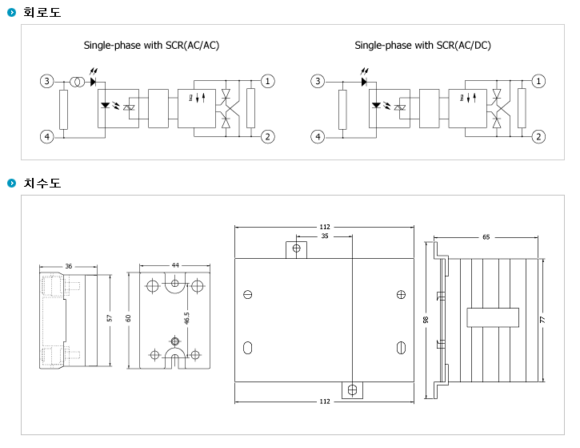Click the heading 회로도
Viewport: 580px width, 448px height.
(x=42, y=12)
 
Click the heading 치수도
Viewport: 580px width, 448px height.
(x=42, y=184)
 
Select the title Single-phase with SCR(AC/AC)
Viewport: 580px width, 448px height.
(x=151, y=46)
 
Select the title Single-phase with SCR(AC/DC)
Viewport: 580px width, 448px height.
(x=422, y=46)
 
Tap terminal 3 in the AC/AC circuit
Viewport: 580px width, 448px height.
(x=47, y=81)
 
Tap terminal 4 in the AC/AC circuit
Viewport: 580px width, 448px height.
(x=47, y=136)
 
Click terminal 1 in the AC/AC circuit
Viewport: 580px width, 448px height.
(x=268, y=81)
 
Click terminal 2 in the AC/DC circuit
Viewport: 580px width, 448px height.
(x=539, y=136)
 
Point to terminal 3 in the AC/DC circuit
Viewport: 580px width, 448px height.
(x=318, y=81)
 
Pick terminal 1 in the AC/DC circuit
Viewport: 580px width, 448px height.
(x=539, y=81)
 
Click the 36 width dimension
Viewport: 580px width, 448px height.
(x=69, y=266)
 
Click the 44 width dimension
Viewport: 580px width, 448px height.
(x=175, y=265)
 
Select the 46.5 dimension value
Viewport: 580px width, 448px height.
(x=186, y=318)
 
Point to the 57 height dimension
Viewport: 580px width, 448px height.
(x=110, y=318)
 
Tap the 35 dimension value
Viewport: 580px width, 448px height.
(x=324, y=236)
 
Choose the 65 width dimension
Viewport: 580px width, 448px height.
(x=486, y=237)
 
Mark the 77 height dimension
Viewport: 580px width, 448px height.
(x=542, y=319)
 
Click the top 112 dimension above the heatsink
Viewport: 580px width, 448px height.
(x=324, y=227)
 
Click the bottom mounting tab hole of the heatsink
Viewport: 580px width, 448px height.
(x=352, y=390)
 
